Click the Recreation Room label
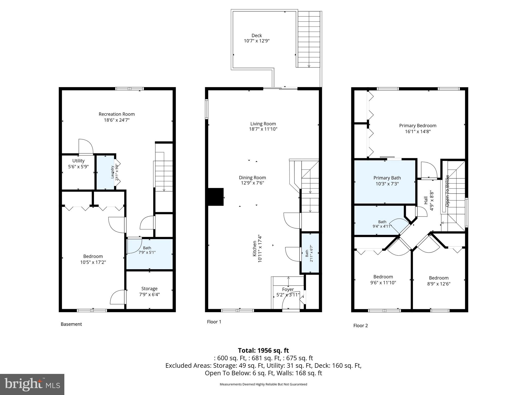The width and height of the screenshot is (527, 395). click(117, 114)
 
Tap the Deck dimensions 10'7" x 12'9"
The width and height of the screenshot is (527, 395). click(257, 41)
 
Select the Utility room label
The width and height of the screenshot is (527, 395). click(78, 161)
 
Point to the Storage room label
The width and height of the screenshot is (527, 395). click(149, 289)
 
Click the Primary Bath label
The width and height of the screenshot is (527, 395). click(387, 178)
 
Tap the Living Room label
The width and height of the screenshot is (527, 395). click(263, 124)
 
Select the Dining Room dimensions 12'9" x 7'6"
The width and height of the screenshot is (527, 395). click(252, 183)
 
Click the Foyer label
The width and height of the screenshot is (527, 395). click(288, 290)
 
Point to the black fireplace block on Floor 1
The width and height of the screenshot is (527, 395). click(216, 197)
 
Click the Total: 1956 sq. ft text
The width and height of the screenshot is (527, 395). click(263, 351)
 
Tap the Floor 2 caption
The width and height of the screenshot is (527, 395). click(360, 326)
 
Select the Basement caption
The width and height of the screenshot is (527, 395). click(71, 324)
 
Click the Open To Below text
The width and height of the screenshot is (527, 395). click(447, 191)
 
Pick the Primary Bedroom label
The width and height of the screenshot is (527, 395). click(417, 126)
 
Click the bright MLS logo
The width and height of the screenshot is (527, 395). click(32, 384)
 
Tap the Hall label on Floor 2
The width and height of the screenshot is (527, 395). click(426, 200)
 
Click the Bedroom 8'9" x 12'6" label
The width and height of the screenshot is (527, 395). click(438, 278)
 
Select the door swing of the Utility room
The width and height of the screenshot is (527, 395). click(86, 147)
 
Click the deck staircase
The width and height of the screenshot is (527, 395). click(309, 39)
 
